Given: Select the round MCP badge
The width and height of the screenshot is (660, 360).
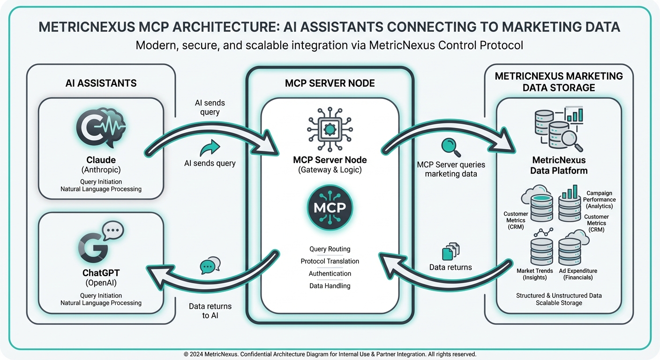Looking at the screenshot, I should pos(330,208).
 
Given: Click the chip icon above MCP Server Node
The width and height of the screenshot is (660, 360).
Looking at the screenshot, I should pos(330,127).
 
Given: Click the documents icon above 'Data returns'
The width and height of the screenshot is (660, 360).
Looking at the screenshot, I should pos(450,252).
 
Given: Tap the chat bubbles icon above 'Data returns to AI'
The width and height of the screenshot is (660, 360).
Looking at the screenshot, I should pos(210,265).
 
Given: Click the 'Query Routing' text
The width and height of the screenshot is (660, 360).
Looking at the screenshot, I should pos(330,249).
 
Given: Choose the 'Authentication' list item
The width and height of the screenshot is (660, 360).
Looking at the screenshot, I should pos(330,273).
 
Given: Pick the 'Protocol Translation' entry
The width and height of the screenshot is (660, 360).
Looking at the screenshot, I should pos(330,261).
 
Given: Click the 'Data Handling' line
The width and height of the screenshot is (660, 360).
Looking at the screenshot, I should pos(330,285).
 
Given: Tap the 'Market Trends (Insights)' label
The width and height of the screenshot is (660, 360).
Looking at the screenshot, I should pos(534,274).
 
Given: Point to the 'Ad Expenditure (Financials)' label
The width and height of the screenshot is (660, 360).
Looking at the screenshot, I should pos(577,274).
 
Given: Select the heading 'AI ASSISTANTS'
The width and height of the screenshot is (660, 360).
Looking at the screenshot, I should pos(101,83).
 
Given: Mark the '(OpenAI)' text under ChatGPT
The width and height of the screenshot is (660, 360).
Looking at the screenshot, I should pos(101,283).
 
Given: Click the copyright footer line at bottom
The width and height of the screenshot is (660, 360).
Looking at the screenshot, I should pos(330,354).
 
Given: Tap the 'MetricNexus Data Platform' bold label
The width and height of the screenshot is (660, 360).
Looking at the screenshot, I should pos(558,165).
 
